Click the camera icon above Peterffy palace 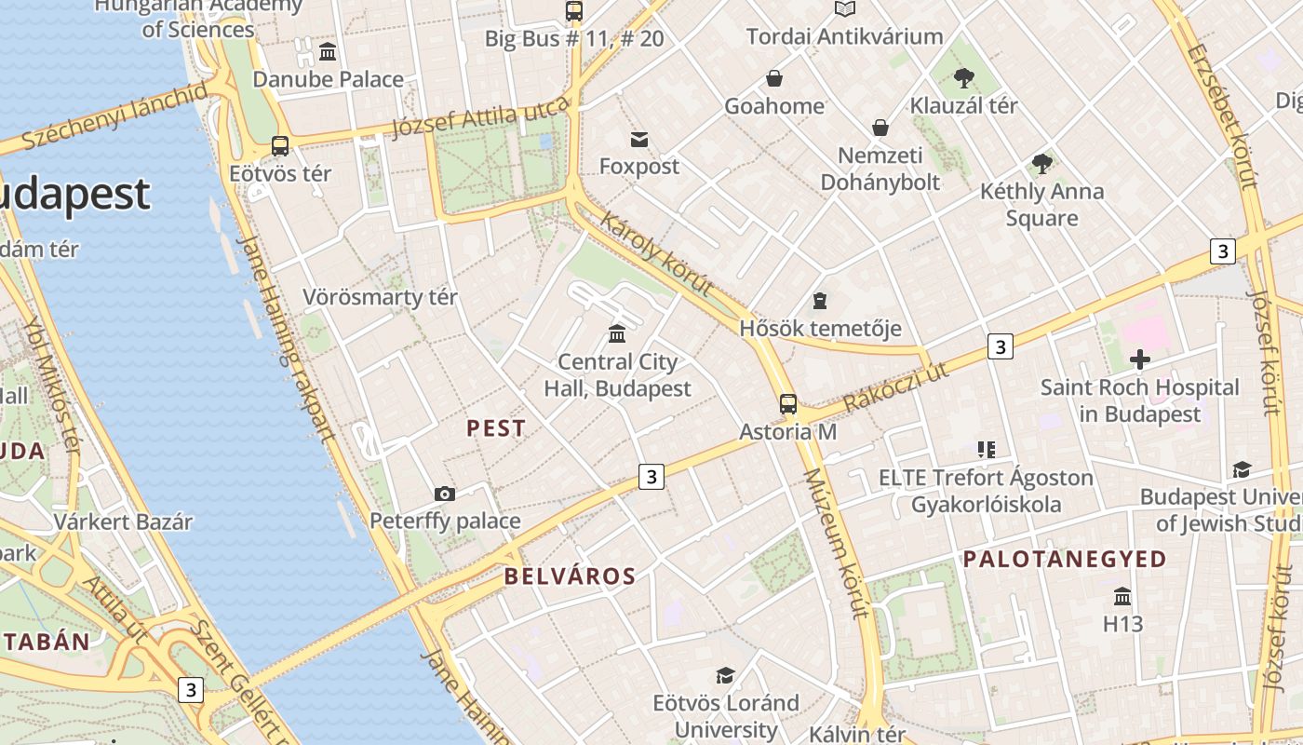(x=445, y=494)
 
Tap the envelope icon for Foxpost (x=639, y=140)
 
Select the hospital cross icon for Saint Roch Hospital (x=1140, y=359)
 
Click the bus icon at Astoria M (x=788, y=404)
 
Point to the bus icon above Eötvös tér (x=280, y=146)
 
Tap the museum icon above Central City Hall (x=617, y=333)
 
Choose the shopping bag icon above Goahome (x=774, y=78)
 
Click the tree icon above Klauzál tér (x=963, y=78)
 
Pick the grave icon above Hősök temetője (x=820, y=301)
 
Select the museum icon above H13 (x=1122, y=596)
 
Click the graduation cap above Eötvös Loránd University (x=726, y=675)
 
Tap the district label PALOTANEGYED (x=1065, y=560)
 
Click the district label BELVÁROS (x=570, y=576)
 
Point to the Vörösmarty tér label (x=380, y=298)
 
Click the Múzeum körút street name (x=837, y=544)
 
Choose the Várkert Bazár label (x=123, y=521)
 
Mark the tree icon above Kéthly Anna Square (x=1042, y=165)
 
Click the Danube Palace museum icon (x=328, y=52)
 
